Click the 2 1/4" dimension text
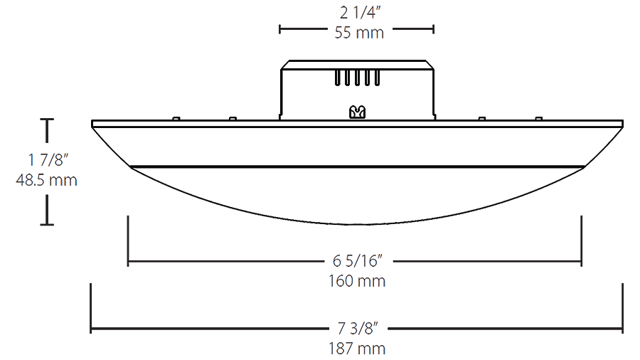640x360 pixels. click(x=360, y=13)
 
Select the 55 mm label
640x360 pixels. click(x=359, y=33)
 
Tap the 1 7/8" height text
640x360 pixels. click(x=48, y=159)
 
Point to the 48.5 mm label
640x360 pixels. click(x=46, y=180)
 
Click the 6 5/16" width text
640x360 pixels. click(x=358, y=261)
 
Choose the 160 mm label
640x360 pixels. click(x=357, y=281)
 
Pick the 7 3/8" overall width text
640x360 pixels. click(x=358, y=328)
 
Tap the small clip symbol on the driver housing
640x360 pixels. click(x=357, y=112)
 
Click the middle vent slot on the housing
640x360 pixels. click(x=357, y=78)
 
